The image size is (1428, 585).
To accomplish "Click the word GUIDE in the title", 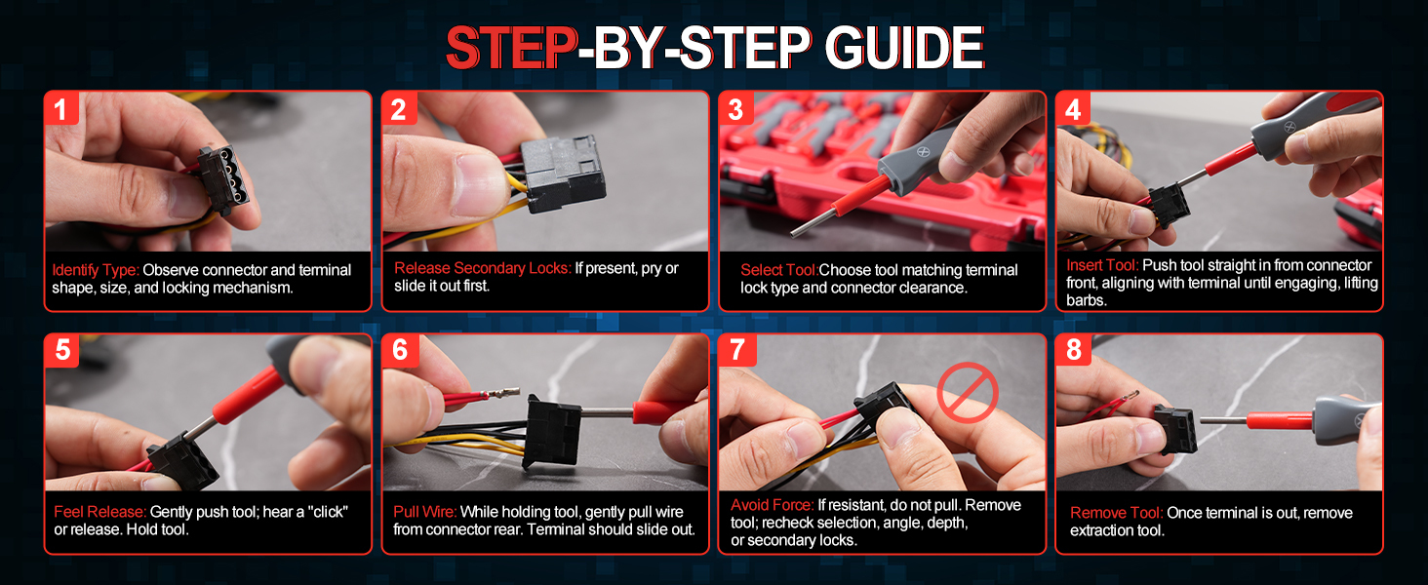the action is pos(904,47).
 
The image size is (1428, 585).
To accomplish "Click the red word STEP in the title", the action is pos(511,47).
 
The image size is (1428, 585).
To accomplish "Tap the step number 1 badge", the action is pos(61,108).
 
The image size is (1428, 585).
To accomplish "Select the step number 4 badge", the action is pos(1073,108).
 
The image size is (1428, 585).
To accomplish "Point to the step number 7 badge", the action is pos(737,350).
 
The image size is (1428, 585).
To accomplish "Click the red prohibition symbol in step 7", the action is pos(967,393).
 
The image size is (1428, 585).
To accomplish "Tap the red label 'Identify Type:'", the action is pos(95,270).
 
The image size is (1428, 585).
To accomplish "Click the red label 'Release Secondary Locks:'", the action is pos(482,268).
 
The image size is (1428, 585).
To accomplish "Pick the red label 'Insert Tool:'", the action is pos(1102,265).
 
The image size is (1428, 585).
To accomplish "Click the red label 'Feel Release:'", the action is pos(100,512).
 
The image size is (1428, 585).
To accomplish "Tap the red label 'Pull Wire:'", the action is pos(424,512).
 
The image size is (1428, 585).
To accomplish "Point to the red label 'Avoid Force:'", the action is pos(772,505).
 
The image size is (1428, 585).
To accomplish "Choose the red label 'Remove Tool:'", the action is pos(1116,513).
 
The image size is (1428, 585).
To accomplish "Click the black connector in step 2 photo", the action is pos(562,173).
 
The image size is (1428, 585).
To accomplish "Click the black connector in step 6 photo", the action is pos(552,431).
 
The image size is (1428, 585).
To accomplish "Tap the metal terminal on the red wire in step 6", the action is pos(505,393).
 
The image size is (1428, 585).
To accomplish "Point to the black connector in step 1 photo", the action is pos(222,180).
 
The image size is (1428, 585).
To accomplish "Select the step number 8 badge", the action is pos(1074,350).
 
